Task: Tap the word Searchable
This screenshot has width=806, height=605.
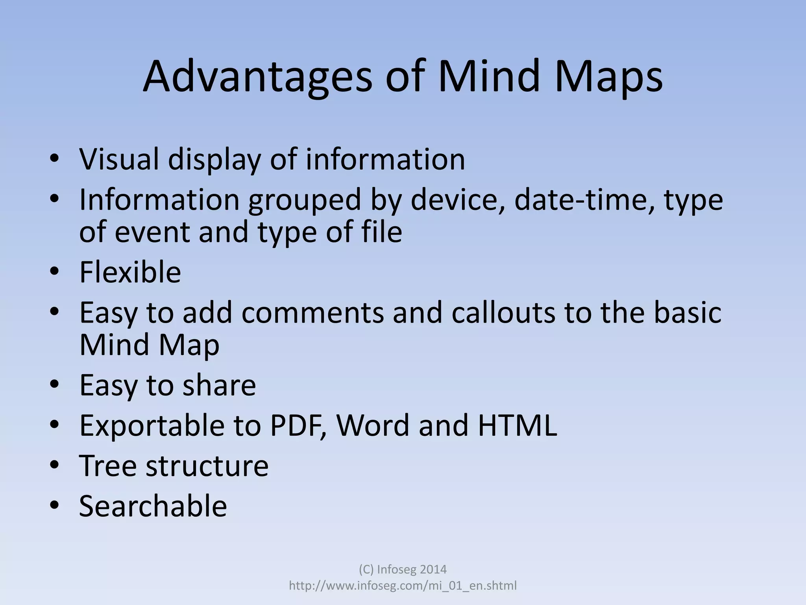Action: [153, 506]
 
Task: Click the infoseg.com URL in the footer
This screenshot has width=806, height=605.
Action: [403, 586]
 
